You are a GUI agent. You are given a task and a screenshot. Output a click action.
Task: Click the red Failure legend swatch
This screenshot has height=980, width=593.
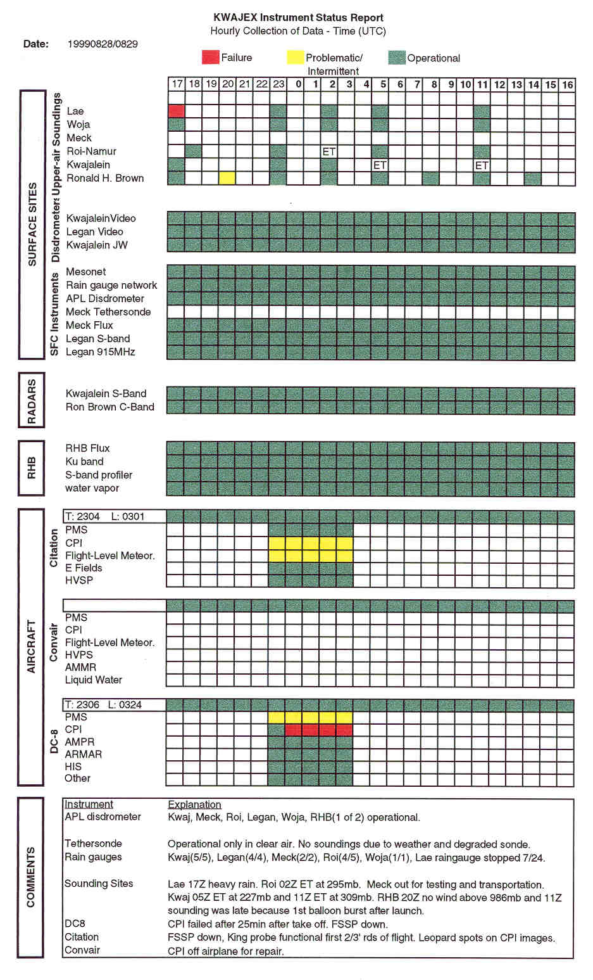pos(210,58)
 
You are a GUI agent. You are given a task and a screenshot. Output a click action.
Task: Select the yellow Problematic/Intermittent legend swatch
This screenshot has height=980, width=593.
pos(295,58)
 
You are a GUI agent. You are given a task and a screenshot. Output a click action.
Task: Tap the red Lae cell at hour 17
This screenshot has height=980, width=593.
pos(177,111)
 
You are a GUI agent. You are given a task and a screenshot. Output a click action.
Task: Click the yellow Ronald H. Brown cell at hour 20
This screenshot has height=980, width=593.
pos(227,178)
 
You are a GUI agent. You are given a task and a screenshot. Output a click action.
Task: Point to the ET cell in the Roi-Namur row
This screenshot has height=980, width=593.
pos(329,151)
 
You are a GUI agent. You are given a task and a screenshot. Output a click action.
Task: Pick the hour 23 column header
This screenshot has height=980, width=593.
pos(278,84)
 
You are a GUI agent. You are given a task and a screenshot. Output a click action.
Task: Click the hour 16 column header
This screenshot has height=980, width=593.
pos(567,84)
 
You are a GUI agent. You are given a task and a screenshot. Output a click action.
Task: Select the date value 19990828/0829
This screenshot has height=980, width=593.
pos(103,44)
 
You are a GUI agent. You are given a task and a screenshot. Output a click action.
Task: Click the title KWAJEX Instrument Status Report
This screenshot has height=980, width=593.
pos(298,18)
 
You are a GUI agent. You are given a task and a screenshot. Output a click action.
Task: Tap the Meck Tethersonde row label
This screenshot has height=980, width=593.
pos(108,312)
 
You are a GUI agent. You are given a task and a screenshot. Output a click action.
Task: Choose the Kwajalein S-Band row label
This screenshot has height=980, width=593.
pos(106,393)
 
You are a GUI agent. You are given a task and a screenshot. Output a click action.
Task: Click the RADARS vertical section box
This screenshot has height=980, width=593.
pos(32,401)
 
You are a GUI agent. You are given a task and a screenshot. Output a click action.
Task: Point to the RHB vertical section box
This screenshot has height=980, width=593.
pos(32,468)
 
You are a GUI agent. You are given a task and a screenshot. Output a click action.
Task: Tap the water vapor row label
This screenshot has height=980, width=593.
pos(92,488)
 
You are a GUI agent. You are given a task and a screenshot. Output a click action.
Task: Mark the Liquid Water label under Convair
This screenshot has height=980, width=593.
pos(93,680)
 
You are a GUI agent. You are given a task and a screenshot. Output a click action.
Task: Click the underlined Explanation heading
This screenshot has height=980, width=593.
pos(194,805)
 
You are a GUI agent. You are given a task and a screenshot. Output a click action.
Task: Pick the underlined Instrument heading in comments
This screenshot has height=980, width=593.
pos(89,805)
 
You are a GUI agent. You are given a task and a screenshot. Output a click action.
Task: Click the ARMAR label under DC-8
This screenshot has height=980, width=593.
pos(83,754)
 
